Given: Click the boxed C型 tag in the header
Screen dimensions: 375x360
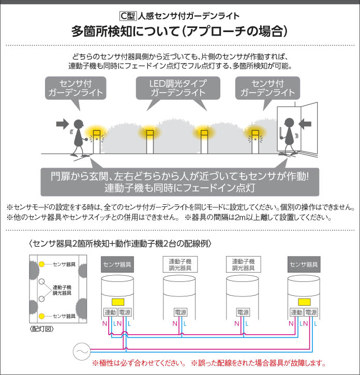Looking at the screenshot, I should point(126,16).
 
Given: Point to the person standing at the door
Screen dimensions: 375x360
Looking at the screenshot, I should point(288,134).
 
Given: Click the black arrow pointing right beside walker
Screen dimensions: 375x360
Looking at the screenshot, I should point(62,124).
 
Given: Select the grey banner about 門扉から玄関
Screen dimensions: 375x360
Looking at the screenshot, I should point(179,181).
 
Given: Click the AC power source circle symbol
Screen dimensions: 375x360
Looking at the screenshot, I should point(82,351).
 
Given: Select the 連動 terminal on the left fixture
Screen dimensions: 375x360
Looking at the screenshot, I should point(110,312).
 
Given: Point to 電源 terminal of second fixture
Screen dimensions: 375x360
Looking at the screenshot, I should point(181,312).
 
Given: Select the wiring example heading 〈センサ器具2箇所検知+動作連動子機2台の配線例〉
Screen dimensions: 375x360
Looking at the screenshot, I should point(120,243).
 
